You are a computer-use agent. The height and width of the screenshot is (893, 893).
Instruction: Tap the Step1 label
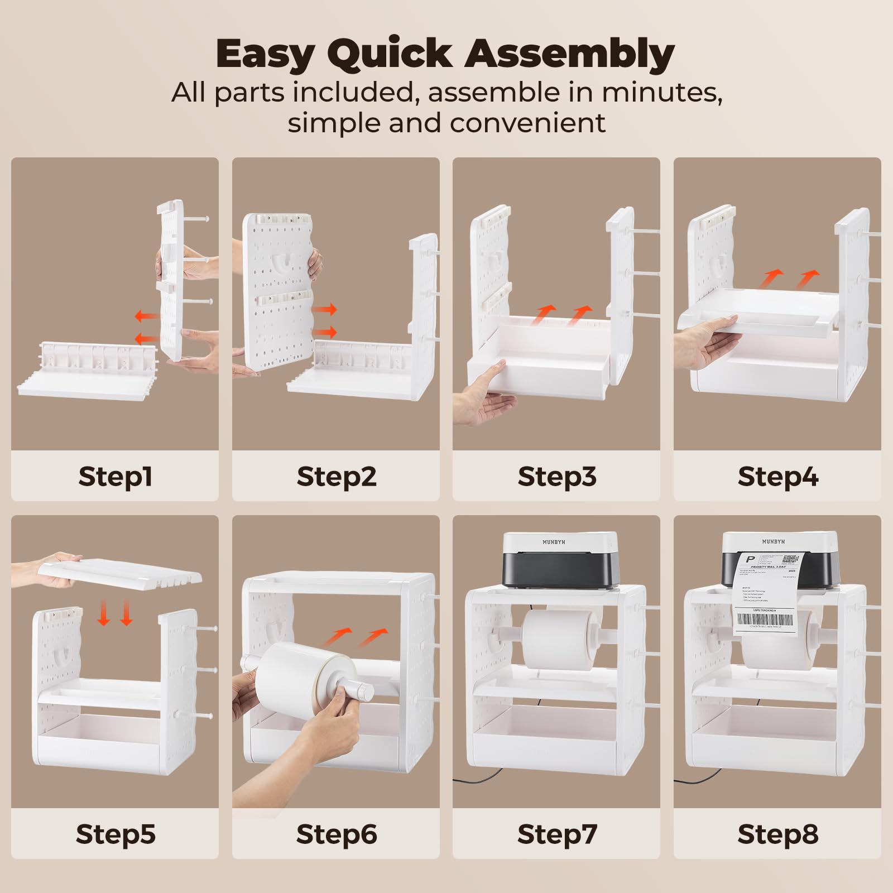point(115,477)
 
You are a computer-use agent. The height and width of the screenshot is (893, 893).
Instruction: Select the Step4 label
point(777,477)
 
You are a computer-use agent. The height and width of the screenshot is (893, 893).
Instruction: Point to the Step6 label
point(336,834)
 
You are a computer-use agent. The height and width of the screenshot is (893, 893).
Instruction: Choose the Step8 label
point(777,834)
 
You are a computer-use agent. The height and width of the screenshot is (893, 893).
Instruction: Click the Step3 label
point(556,477)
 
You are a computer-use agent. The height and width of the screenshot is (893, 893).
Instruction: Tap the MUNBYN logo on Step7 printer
point(554,542)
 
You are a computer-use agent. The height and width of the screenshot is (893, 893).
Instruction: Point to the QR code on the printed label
point(790,559)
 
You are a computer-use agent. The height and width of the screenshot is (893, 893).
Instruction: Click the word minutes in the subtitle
point(661,92)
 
